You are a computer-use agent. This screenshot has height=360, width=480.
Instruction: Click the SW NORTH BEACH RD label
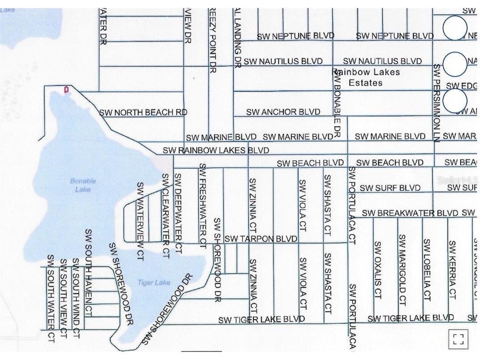pos(143,112)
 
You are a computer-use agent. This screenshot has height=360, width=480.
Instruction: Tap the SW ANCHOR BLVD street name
pos(283,112)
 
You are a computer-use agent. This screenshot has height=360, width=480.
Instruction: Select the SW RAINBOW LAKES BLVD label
pos(216,150)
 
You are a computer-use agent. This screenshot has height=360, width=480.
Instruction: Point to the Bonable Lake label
pos(83,185)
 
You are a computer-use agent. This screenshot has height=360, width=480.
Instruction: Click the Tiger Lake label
pos(154,283)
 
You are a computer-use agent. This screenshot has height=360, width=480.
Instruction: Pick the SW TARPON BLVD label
pos(261,239)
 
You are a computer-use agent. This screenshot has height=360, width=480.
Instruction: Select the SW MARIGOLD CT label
pos(403,269)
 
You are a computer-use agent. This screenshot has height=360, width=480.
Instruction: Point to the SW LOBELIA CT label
pos(427,269)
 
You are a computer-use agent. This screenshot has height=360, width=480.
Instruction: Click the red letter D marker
pos(67,90)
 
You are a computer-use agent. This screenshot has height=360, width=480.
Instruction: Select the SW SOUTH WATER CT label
pos(51,299)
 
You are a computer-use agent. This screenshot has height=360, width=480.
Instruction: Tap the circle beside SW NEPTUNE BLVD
pos(455,28)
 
